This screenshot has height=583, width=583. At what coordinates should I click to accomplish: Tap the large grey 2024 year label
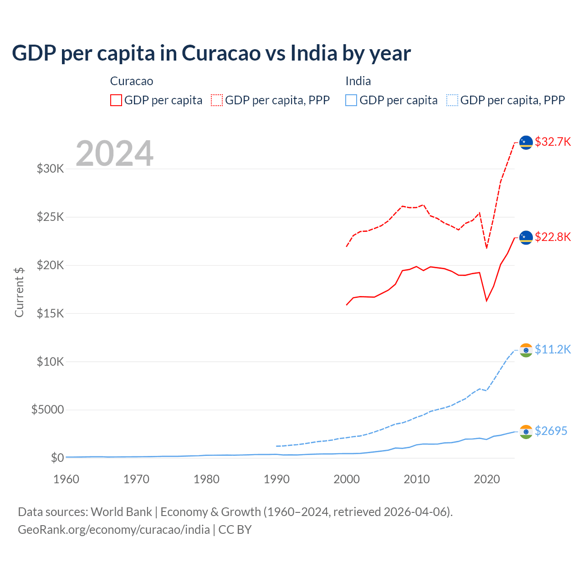pos(114,154)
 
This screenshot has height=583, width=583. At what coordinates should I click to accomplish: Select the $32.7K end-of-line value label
pos(552,142)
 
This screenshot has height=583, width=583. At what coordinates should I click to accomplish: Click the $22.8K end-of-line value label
pos(552,237)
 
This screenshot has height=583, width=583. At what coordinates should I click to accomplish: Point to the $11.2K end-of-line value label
pos(552,349)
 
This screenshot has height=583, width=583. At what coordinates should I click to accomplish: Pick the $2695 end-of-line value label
pos(551,431)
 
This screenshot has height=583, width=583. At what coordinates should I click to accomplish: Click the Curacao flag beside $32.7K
pos(526,143)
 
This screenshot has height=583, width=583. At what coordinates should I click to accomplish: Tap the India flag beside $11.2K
pos(526,350)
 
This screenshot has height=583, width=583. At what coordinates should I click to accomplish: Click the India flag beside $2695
pos(526,432)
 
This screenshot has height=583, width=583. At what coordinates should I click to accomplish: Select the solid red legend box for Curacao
pos(116,100)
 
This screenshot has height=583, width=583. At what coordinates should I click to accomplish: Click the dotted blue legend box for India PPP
pos(452,100)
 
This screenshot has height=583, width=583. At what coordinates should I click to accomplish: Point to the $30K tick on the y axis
pos(50,169)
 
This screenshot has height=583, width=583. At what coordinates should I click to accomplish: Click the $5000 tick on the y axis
pos(47,409)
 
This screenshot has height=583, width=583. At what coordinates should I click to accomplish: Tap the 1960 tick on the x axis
pos(66,479)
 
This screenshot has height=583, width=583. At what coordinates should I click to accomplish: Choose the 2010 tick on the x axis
pos(417,479)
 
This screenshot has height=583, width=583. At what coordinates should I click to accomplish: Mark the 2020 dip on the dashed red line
pos(487,248)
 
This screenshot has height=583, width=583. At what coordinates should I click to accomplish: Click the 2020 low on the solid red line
pos(487,301)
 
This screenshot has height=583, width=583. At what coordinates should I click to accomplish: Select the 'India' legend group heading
pos(358,81)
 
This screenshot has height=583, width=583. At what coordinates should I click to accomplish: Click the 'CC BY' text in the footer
pos(235,530)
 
